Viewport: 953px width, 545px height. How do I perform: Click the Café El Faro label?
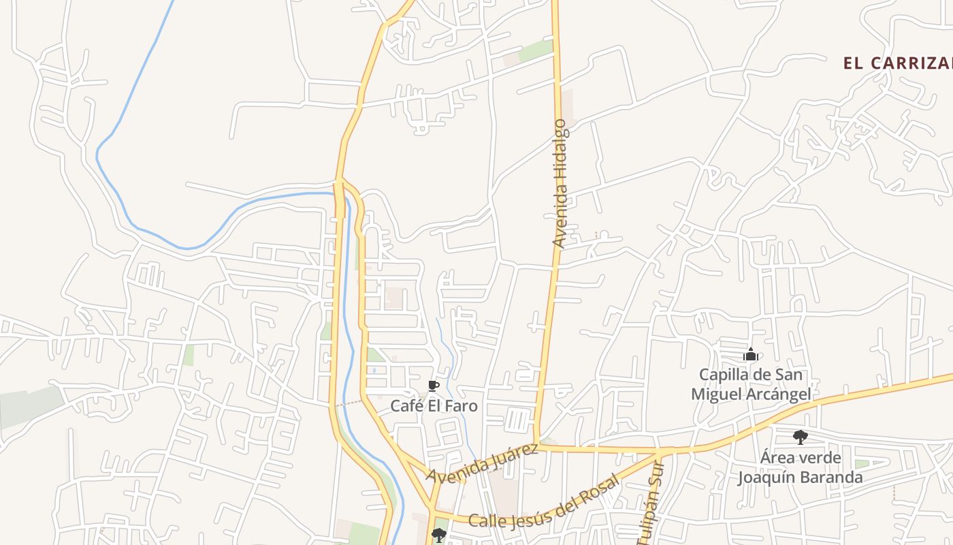click(434, 406)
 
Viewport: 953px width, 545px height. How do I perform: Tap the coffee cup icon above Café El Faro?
click(433, 387)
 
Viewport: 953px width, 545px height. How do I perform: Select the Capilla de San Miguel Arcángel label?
click(751, 384)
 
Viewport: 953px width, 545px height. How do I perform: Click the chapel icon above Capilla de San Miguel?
click(751, 355)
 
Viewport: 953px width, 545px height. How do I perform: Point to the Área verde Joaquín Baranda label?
click(800, 467)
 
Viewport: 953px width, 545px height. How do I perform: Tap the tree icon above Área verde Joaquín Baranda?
click(801, 437)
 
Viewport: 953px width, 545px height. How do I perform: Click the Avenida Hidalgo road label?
click(560, 184)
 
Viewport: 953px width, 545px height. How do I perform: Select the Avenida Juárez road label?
click(482, 463)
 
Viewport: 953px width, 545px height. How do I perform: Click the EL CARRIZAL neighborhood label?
click(897, 63)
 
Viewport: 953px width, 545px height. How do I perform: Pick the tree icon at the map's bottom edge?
click(439, 535)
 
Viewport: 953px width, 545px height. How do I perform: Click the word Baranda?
click(829, 478)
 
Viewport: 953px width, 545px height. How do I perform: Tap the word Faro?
click(462, 406)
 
